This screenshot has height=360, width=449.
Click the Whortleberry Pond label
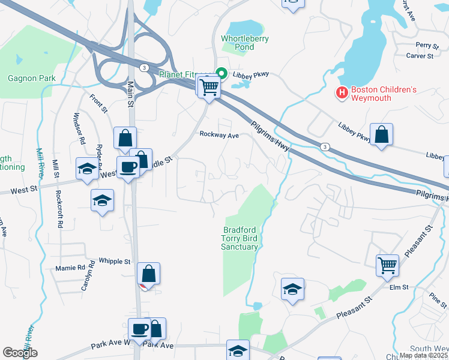tap(245, 43)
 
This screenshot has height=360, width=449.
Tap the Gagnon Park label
tap(31, 78)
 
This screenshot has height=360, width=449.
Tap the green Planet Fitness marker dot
tap(221, 74)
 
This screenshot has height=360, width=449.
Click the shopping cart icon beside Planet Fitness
tap(209, 88)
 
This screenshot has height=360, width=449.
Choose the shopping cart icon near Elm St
tap(388, 265)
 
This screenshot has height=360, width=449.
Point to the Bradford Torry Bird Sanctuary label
tap(240, 238)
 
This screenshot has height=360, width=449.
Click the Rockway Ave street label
tap(220, 135)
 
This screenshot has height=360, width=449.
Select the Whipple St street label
tap(115, 262)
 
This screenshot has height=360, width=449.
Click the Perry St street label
tap(427, 46)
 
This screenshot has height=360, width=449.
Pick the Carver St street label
tap(420, 56)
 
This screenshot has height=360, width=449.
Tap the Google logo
tap(20, 352)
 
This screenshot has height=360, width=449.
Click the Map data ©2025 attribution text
tap(423, 355)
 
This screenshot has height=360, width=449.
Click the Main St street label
tap(130, 95)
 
